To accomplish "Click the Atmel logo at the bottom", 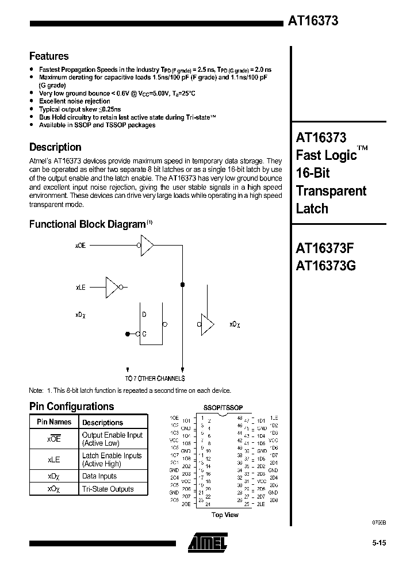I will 207,541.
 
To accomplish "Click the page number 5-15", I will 378,544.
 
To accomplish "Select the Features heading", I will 49,56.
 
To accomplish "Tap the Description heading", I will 55,147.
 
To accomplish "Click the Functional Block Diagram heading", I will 87,224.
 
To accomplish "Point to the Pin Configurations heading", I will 71,407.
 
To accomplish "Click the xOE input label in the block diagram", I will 80,246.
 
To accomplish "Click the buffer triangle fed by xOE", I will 147,246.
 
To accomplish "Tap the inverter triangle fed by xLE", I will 112,286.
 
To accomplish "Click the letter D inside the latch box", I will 144,315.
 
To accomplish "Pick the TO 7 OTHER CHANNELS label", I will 155,378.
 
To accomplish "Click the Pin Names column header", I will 54,422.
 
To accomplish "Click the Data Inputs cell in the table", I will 99,476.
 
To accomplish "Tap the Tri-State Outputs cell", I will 108,489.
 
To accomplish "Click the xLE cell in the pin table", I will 54,460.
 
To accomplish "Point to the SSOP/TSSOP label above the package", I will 224,407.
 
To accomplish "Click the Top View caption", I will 225,515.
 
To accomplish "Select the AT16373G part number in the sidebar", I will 326,266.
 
